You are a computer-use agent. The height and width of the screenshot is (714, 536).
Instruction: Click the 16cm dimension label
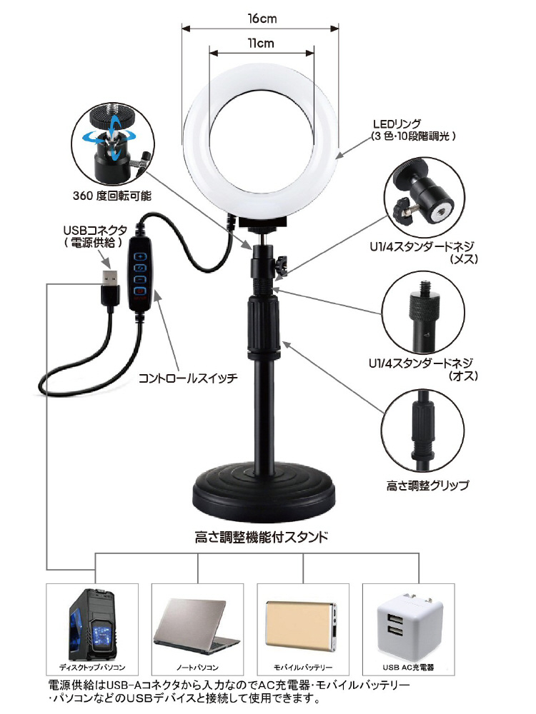pyautogui.click(x=262, y=19)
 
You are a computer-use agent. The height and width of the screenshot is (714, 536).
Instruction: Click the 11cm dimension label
pyautogui.click(x=261, y=44)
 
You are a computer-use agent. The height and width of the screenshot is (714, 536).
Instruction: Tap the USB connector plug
pyautogui.click(x=109, y=287)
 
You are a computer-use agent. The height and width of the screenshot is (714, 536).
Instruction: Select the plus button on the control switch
pyautogui.click(x=140, y=256)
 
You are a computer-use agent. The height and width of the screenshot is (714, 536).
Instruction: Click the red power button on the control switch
pyautogui.click(x=139, y=291)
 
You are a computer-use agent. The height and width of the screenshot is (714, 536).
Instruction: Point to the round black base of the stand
pyautogui.click(x=264, y=494)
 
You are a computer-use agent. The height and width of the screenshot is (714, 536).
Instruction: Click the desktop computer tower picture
pyautogui.click(x=91, y=625)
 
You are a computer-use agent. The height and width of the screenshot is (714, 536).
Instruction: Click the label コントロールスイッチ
pyautogui.click(x=188, y=378)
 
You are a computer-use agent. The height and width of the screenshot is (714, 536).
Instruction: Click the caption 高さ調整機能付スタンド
pyautogui.click(x=261, y=538)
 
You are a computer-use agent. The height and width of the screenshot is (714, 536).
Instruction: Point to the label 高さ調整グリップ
pyautogui.click(x=427, y=486)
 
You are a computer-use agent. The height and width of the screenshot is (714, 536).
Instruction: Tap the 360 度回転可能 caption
pyautogui.click(x=112, y=196)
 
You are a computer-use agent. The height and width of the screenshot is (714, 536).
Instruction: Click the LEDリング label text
pyautogui.click(x=397, y=124)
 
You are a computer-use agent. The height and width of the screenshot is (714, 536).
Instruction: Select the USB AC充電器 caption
pyautogui.click(x=408, y=667)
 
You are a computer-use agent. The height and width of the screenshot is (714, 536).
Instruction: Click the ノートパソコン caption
pyautogui.click(x=197, y=668)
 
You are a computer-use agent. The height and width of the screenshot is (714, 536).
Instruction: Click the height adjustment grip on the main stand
pyautogui.click(x=263, y=324)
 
